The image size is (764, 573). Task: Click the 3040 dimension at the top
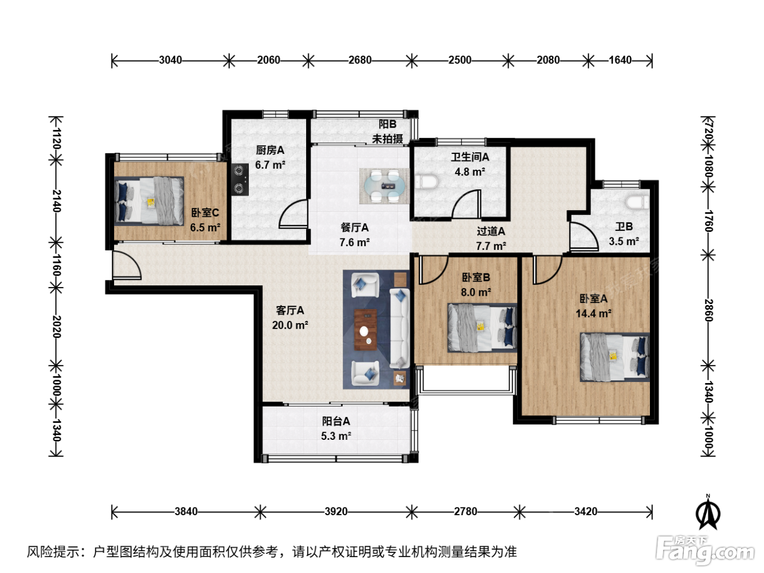(170, 60)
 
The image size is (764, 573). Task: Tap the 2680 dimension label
(360, 60)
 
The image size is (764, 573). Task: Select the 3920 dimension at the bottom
(336, 511)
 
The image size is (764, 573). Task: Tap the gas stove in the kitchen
(240, 180)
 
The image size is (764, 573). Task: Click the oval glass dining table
(385, 187)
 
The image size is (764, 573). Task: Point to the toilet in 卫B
(637, 202)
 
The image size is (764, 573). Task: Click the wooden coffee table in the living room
(365, 330)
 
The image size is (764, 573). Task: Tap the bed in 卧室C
(149, 201)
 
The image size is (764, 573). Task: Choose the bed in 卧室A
(614, 357)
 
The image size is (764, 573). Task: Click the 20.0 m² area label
(290, 325)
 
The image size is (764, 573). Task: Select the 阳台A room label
(336, 421)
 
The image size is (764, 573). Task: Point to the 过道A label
(491, 231)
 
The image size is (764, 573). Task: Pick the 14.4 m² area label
(593, 314)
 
